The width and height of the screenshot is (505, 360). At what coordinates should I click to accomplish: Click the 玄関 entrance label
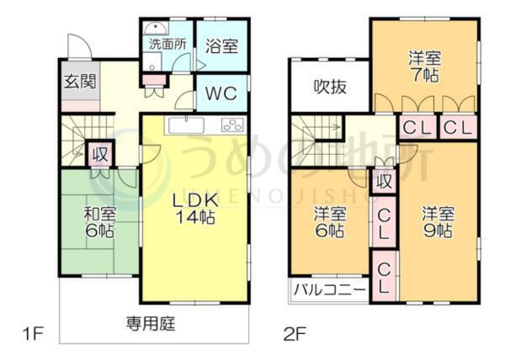[75, 82]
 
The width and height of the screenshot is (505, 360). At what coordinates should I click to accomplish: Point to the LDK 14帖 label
[195, 208]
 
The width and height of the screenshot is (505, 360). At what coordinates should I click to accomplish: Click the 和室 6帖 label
[98, 220]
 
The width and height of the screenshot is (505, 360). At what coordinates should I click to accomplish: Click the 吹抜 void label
[328, 85]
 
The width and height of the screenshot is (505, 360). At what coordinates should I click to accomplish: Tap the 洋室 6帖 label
[329, 220]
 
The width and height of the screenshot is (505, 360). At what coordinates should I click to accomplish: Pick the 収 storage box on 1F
[99, 155]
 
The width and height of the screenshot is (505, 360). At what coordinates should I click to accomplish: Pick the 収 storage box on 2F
[384, 180]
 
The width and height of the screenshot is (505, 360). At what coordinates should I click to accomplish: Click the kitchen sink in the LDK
[185, 125]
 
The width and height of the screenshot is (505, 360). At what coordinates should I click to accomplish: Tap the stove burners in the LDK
[231, 125]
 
